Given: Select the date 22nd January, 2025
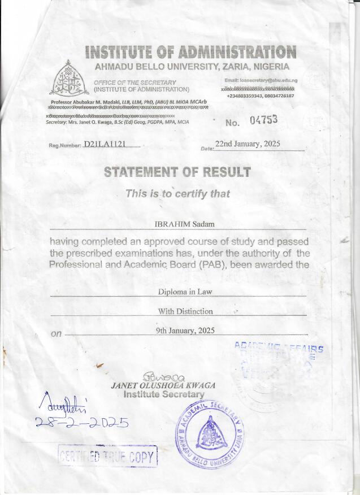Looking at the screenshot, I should tap(248, 144).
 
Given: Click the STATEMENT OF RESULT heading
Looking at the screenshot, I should tap(177, 172).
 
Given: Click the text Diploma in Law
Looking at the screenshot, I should tap(177, 292).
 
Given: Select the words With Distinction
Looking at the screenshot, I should tap(177, 311).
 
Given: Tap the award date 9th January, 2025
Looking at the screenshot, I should tap(177, 331).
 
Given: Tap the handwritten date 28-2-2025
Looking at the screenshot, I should tap(81, 422).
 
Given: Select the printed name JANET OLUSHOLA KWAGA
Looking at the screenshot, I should tap(164, 385).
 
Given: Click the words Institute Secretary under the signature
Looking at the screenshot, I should tap(164, 394).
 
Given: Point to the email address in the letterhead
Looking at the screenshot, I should tap(261, 81).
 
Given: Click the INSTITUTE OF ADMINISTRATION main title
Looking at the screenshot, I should tap(190, 53).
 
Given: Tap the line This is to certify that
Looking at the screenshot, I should tap(177, 194).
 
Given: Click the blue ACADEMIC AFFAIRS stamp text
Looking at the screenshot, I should tap(279, 348).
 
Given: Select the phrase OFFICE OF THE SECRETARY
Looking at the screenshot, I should tap(135, 82).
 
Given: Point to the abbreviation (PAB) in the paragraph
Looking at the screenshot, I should tap(212, 264).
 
